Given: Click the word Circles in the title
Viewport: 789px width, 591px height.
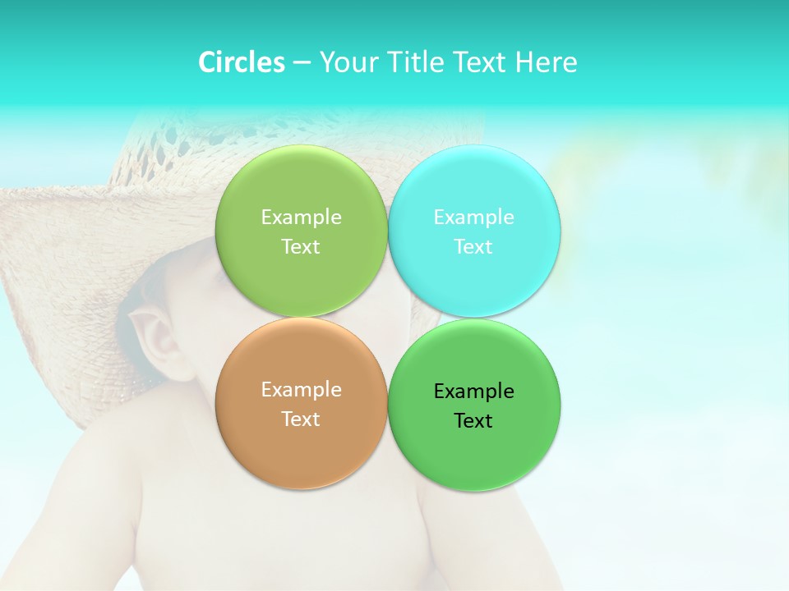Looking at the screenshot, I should coord(241,62).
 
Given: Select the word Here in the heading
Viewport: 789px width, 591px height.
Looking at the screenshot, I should coord(546,62).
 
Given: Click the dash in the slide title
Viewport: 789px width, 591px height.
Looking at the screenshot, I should coord(302,63).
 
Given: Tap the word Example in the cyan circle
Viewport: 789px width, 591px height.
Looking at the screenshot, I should coord(473,218).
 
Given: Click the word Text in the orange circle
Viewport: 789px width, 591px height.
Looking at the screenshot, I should coord(301,419).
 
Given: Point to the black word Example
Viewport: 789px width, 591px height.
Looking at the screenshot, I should coord(473,392).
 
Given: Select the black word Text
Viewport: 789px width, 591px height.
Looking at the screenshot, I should coord(473,421).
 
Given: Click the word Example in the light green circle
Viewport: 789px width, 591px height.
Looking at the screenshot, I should coord(301,218).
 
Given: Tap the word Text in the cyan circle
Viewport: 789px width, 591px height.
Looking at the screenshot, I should coord(473,247).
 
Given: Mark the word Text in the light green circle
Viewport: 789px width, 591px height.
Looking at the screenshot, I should coord(301,247).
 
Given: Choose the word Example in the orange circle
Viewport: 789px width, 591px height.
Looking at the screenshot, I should coord(301,390).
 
